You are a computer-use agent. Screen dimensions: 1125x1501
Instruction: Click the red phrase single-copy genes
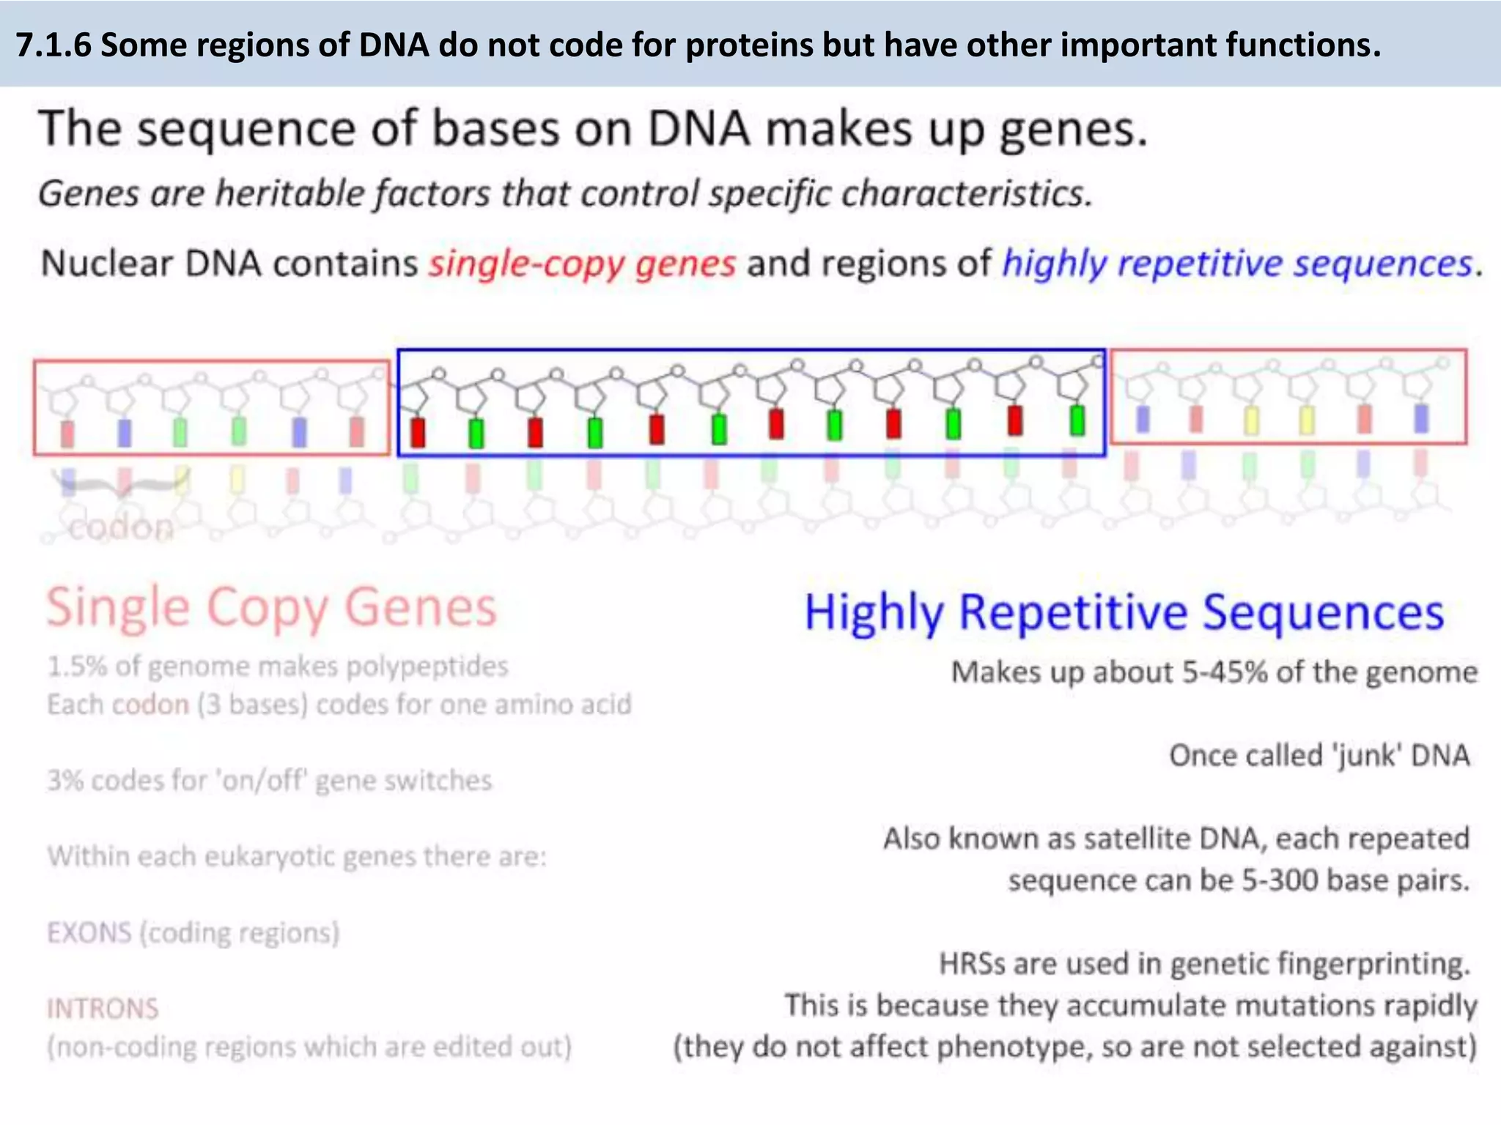coord(582,264)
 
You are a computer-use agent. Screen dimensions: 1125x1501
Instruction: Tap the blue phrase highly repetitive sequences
coord(1237,264)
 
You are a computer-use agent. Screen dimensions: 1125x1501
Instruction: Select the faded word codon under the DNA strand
coord(121,527)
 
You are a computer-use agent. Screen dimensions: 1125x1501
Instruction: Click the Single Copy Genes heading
coord(271,608)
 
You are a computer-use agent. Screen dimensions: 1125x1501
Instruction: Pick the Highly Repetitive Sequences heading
coord(1124,612)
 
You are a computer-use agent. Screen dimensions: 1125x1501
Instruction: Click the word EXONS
coord(89,933)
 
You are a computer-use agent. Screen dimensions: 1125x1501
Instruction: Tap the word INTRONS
coord(103,1009)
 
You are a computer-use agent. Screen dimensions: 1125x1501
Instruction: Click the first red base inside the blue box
coord(418,432)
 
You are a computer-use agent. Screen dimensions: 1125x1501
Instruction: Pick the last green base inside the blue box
coord(1077,420)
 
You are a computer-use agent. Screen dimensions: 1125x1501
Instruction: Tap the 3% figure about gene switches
coord(64,781)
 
